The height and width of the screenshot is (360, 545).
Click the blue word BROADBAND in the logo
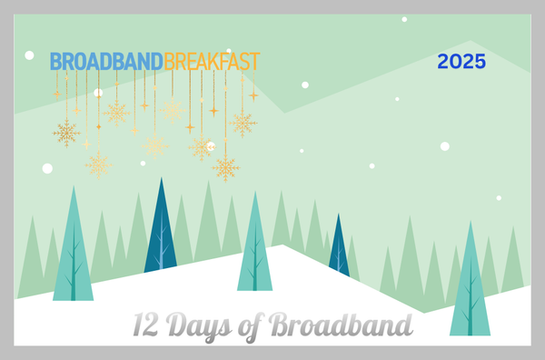[106, 62]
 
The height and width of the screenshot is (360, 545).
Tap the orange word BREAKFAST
[212, 62]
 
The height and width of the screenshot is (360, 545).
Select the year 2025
[461, 63]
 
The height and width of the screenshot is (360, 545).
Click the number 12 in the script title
[147, 325]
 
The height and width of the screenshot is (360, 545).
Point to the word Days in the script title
[201, 325]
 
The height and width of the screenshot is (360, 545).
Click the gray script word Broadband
[342, 325]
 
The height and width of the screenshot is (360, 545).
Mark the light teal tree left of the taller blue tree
[73, 250]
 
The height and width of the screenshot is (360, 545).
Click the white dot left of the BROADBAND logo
[29, 55]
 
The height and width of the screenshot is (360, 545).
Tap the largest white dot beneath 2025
[445, 145]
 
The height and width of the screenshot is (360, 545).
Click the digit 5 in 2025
[481, 63]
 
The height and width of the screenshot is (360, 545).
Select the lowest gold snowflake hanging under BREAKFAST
[226, 168]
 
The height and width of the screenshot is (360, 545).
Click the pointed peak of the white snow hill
[282, 245]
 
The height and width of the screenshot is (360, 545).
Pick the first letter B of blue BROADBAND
[55, 62]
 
